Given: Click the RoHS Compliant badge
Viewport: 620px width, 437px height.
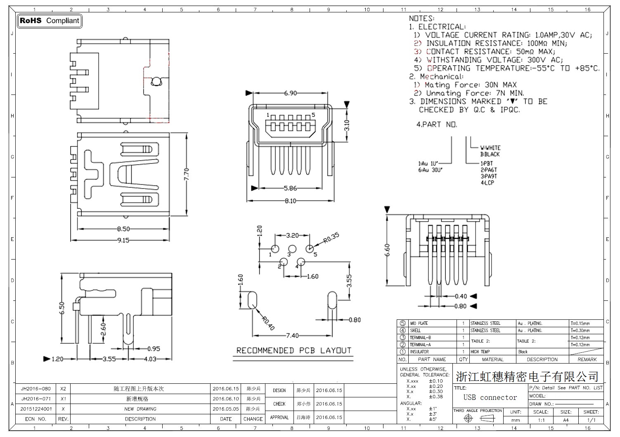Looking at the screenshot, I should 50,21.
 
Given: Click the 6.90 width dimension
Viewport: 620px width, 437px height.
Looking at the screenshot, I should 290,93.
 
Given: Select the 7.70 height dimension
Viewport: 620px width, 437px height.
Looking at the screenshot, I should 187,175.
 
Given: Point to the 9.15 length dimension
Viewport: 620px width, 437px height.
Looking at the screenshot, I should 123,240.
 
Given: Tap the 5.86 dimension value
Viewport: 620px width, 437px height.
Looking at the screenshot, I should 290,188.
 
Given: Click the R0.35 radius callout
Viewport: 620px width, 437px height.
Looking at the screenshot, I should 331,238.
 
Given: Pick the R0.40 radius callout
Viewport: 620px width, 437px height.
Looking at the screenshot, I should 268,324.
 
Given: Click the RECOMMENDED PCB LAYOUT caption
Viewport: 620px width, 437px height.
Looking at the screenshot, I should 293,350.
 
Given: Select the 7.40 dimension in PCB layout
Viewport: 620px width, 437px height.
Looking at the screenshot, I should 292,335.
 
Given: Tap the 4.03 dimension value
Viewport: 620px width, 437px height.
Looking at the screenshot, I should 150,359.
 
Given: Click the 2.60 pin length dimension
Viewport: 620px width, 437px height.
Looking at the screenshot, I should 104,329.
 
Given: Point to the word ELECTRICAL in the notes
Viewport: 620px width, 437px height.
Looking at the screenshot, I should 442,27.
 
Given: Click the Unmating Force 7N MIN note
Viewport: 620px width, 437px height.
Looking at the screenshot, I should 475,93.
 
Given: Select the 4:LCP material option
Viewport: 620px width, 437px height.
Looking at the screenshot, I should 487,183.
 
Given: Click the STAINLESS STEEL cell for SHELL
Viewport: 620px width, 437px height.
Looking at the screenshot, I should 485,331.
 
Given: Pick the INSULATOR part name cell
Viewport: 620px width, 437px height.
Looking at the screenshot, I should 419,352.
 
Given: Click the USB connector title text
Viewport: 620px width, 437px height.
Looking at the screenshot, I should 490,397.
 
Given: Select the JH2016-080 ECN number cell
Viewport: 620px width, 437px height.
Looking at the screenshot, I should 36,389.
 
